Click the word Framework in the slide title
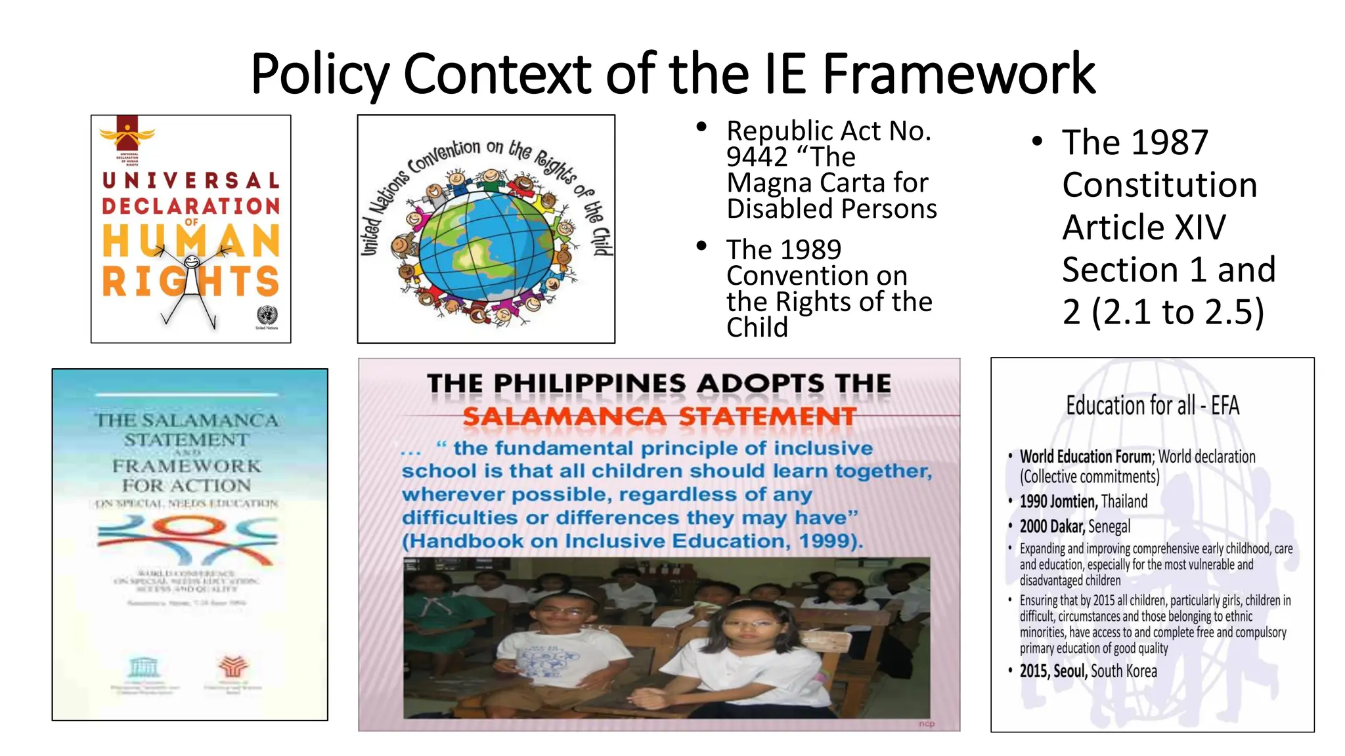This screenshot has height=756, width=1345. pos(958,73)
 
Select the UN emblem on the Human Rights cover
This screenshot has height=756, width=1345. pos(267,315)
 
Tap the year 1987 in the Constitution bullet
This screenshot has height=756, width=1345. pos(1168,142)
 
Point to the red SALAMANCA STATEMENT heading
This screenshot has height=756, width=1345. pos(659,416)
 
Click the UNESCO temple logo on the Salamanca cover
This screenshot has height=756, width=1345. pos(143,666)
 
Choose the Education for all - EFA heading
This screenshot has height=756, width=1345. pos(1152,406)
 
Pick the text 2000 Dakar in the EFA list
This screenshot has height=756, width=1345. pos(1052,526)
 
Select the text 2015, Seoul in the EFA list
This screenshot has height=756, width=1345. pos(1053,671)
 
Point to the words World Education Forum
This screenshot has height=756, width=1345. pos(1085,457)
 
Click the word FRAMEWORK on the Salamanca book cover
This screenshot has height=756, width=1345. pos(187,466)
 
